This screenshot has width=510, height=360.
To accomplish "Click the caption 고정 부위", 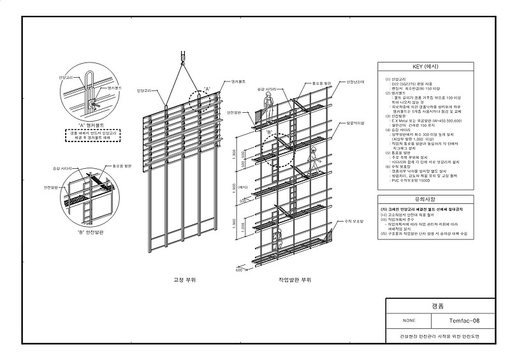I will [184, 279].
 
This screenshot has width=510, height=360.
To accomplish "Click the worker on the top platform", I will [270, 105].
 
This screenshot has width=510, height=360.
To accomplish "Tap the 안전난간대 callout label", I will [355, 82].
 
